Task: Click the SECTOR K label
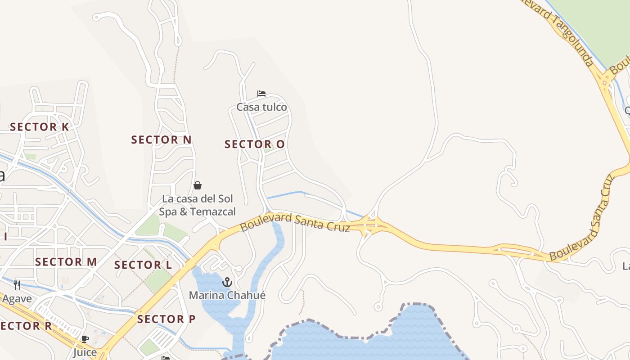tap(40, 127)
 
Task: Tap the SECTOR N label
tap(161, 139)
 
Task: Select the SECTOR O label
tap(255, 144)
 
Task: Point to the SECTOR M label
tap(66, 261)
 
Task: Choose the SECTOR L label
tap(143, 265)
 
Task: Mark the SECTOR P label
tap(166, 319)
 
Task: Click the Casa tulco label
tap(261, 107)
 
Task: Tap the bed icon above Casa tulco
tap(261, 94)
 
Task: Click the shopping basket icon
tap(198, 185)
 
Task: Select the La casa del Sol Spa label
tap(198, 205)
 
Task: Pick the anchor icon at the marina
tap(227, 282)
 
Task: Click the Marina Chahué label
tap(227, 295)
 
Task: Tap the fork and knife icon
tap(17, 285)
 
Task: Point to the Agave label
tap(17, 298)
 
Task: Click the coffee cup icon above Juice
tap(85, 339)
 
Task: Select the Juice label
tap(85, 352)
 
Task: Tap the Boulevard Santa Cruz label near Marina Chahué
tap(295, 223)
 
